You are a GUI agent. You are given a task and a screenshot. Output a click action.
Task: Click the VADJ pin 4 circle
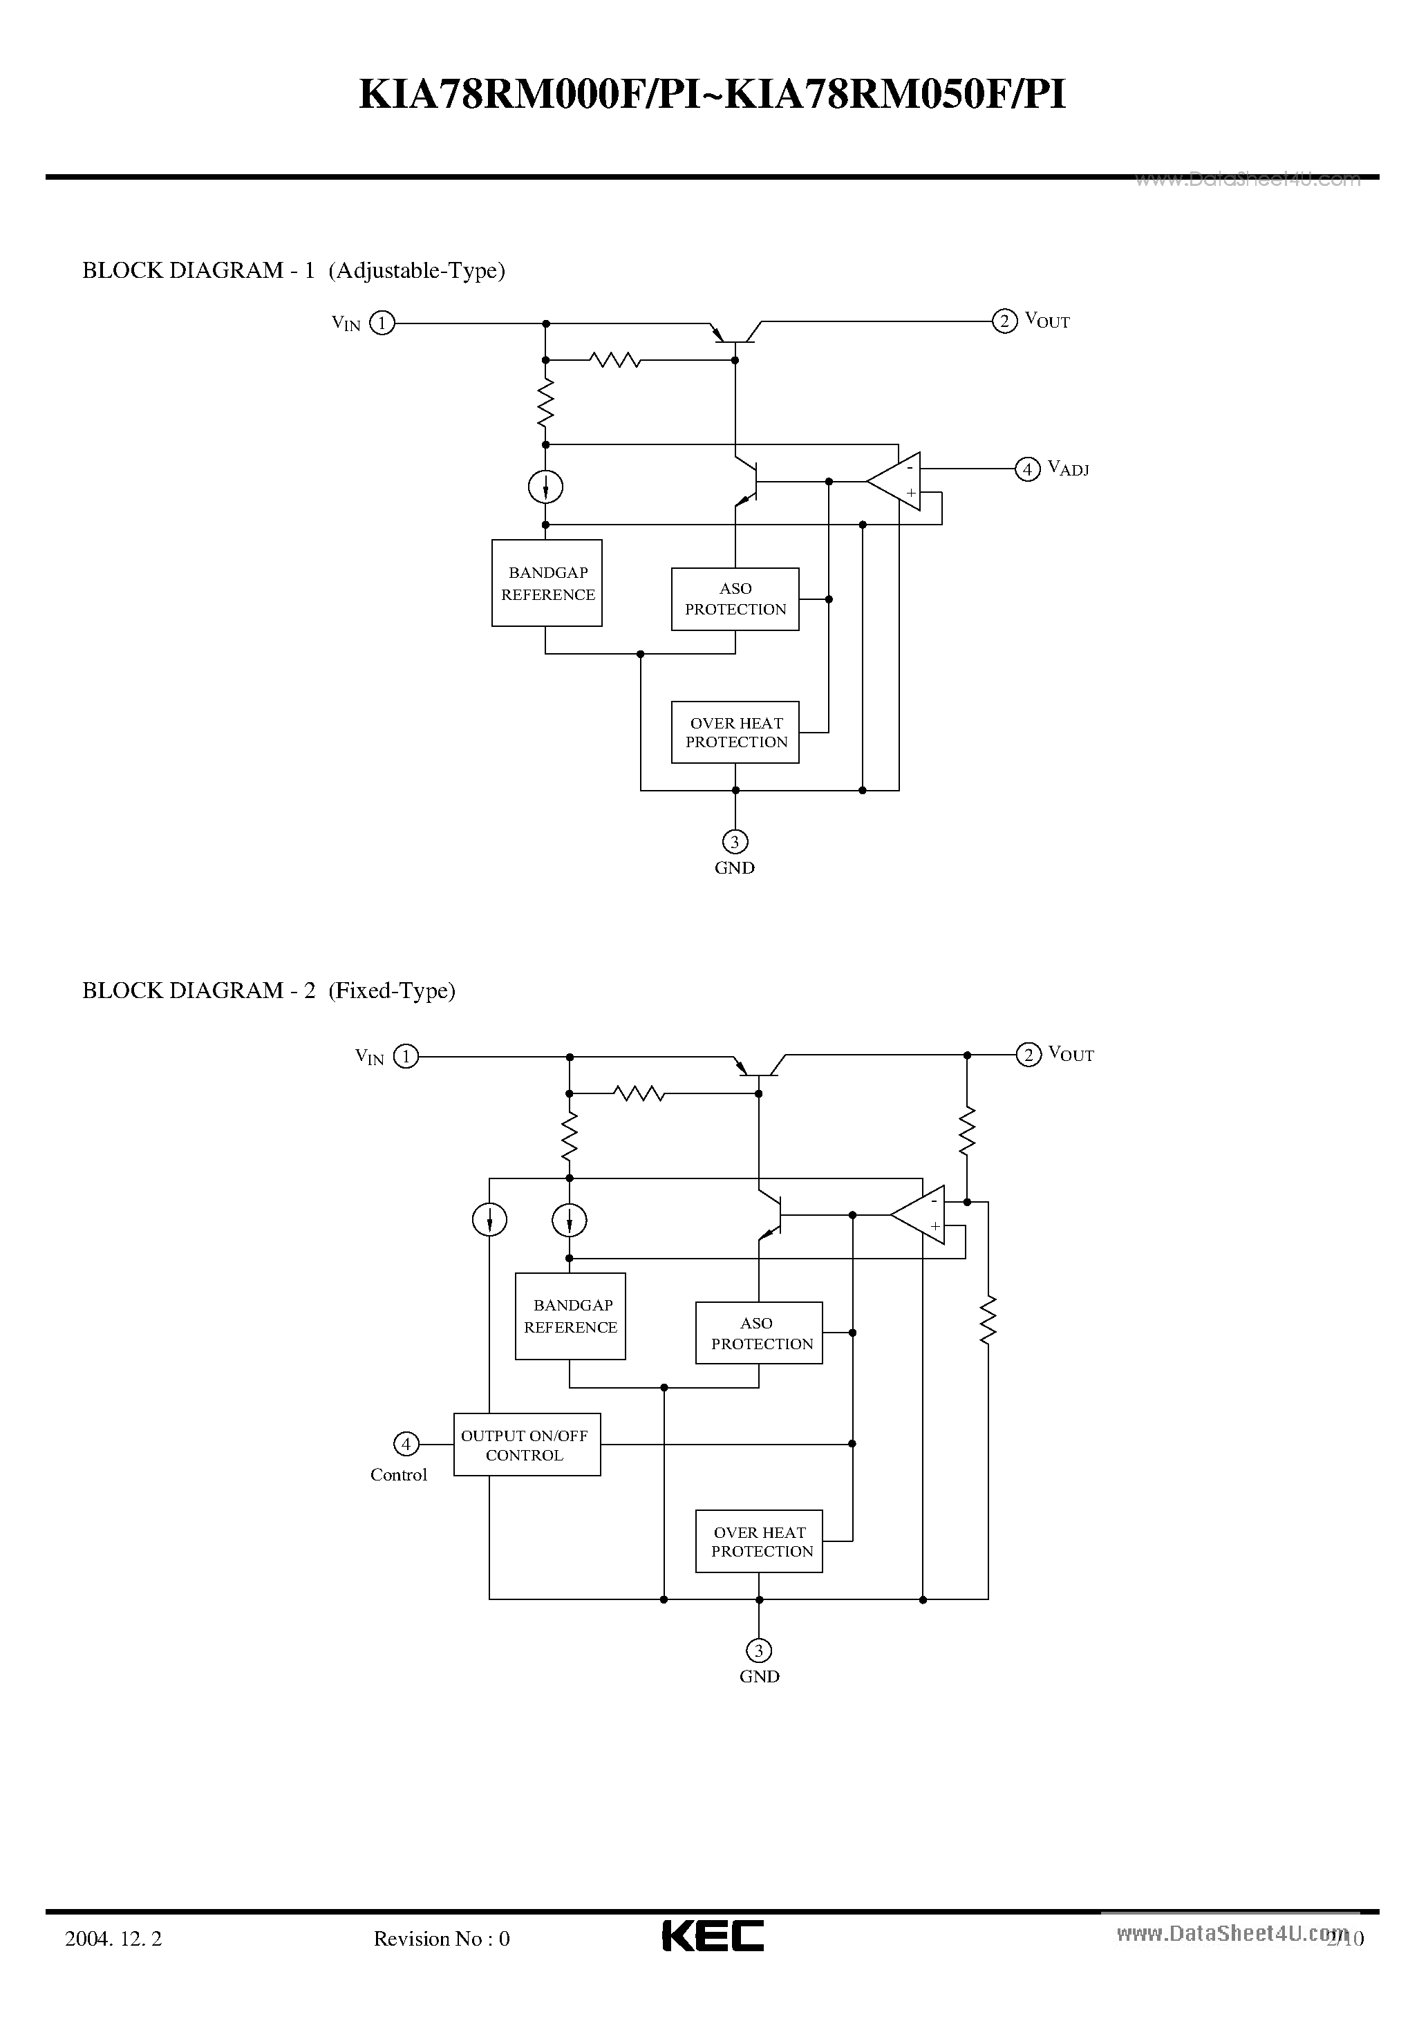click(x=1026, y=469)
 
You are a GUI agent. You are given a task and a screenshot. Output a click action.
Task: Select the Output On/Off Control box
click(x=527, y=1445)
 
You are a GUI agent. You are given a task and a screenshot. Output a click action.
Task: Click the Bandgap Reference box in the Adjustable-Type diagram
click(x=547, y=583)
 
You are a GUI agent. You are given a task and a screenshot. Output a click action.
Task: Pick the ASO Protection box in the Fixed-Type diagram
click(x=759, y=1333)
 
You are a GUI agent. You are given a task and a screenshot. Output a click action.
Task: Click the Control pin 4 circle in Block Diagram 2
click(x=406, y=1444)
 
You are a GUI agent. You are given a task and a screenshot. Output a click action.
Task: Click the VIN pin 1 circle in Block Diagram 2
click(x=405, y=1055)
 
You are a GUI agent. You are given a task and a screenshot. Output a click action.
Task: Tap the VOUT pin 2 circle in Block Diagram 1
click(x=1004, y=321)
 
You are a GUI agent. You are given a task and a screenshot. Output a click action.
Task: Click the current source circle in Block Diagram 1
click(x=546, y=487)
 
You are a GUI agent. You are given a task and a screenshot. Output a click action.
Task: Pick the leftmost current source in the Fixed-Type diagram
click(x=489, y=1220)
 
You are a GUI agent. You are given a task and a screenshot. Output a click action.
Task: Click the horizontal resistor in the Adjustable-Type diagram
click(x=614, y=359)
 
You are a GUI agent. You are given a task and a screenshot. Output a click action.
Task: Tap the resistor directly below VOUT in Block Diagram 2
click(x=967, y=1131)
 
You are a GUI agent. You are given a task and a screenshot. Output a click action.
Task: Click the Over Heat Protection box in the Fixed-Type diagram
click(x=759, y=1541)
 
